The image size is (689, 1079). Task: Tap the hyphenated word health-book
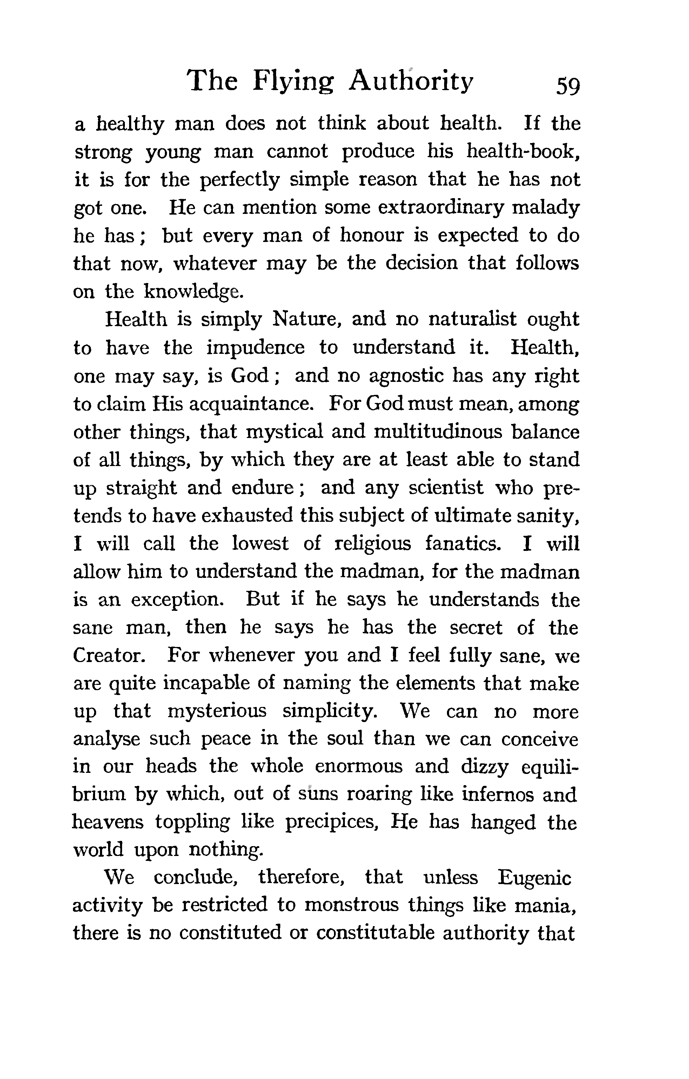[x=523, y=151]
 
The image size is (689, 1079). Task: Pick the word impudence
[x=255, y=348]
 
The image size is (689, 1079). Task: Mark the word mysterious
[x=217, y=712]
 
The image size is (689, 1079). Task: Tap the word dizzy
[x=484, y=768]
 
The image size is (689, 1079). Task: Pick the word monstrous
[x=351, y=905]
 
